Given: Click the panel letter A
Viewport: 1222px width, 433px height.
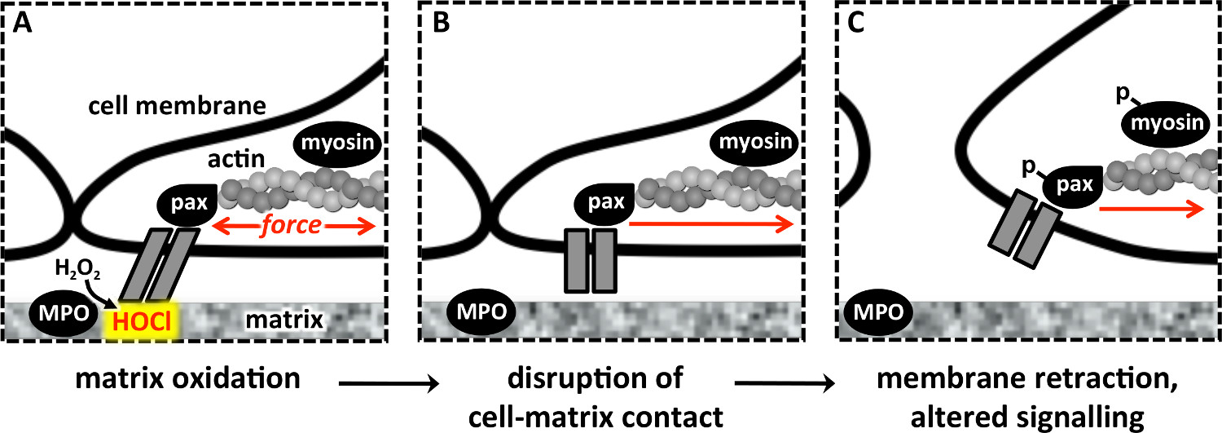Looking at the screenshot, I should tap(21, 24).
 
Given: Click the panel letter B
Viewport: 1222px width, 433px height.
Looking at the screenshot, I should tap(441, 24).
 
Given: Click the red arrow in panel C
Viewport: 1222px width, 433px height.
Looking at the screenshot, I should tap(1150, 209).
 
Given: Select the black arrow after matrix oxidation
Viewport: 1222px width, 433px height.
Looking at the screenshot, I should tap(388, 381).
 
